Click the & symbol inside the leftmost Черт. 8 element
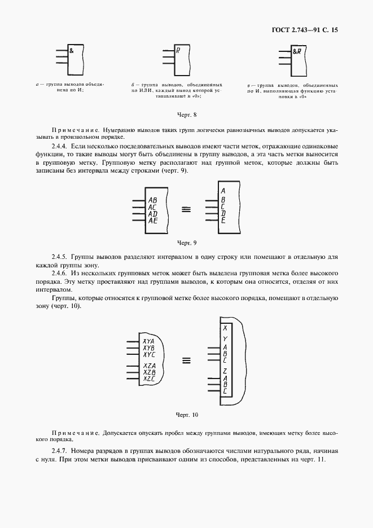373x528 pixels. point(72,50)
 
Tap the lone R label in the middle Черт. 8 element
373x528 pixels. point(178,50)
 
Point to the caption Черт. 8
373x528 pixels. point(186,116)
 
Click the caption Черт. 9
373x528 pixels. point(186,243)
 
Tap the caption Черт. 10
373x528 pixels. point(186,415)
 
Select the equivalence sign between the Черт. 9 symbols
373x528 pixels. point(186,209)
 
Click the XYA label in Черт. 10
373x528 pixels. point(149,341)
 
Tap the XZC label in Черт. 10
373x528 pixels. point(149,379)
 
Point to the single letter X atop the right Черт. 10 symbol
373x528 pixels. point(225,328)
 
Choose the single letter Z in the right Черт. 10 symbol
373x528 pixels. point(225,371)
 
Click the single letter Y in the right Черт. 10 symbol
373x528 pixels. point(225,338)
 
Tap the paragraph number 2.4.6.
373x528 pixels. point(60,272)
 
